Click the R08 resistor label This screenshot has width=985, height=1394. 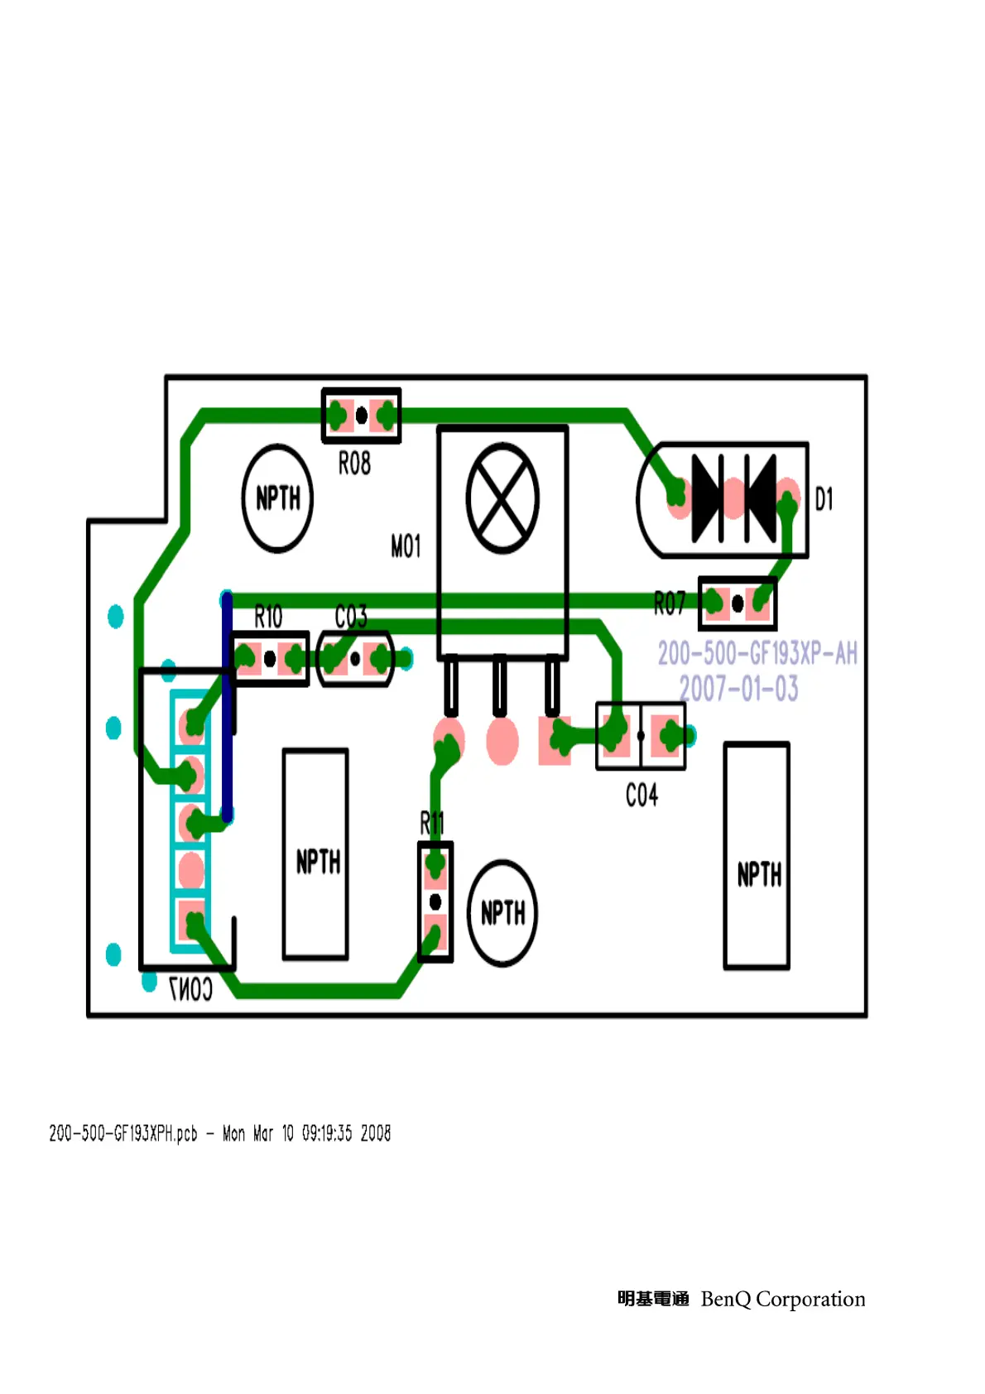354,464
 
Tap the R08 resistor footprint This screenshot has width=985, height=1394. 361,415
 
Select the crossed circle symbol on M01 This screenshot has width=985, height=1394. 502,498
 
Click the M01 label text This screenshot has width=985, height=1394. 406,546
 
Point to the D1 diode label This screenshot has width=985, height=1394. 824,499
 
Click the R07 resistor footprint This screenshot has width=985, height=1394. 737,603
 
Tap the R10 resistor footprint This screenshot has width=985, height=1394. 270,659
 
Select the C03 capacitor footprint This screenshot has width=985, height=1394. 355,659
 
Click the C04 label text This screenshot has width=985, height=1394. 641,796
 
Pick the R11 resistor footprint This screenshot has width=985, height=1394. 435,901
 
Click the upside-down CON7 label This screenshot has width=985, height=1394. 190,988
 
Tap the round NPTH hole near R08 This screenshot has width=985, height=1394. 277,498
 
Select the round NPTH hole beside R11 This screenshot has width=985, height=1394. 502,913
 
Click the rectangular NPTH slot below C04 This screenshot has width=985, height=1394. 757,856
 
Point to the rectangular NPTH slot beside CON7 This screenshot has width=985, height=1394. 315,854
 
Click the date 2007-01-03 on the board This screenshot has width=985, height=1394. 739,689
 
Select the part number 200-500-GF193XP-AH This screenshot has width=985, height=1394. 757,653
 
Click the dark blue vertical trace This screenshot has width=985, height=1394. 227,704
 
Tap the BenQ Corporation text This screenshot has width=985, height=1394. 782,1299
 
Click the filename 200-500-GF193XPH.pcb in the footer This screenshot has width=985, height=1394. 123,1133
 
